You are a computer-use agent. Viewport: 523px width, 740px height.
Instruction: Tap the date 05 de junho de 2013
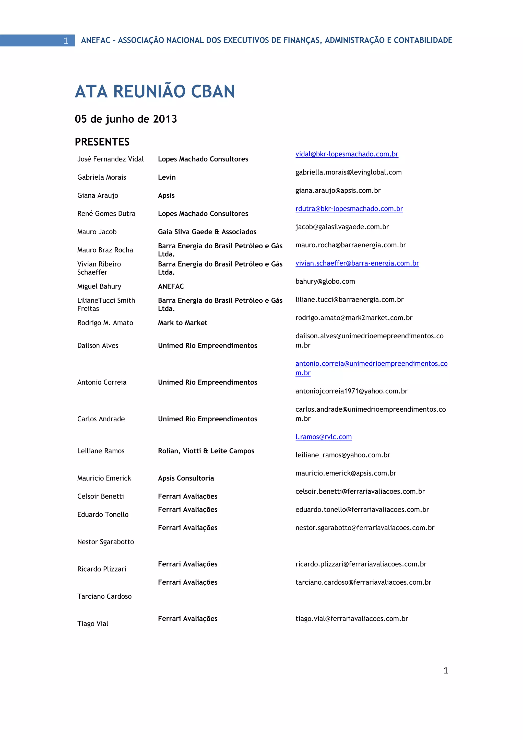click(126, 119)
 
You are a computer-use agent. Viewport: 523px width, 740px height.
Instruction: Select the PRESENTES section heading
click(102, 142)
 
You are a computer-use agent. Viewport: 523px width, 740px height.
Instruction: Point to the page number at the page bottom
click(446, 670)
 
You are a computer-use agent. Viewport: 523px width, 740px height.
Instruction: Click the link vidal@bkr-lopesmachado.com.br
click(347, 154)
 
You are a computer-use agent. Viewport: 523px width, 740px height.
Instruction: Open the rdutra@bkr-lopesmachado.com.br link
click(349, 209)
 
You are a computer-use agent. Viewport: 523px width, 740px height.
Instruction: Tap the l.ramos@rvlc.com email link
click(323, 437)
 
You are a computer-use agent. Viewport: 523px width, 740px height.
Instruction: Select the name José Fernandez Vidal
click(111, 159)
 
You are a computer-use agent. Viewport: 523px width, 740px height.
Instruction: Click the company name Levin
click(167, 177)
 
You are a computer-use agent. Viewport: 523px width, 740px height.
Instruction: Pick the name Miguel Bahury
click(99, 286)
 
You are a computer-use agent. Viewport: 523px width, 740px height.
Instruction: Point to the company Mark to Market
click(183, 323)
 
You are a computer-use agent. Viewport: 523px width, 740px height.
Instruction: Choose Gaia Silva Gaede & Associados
click(207, 232)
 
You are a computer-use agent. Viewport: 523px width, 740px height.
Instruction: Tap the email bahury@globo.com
click(325, 281)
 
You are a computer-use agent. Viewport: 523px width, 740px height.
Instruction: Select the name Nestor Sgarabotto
click(106, 542)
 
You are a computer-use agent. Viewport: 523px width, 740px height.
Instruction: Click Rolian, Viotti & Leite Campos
click(206, 451)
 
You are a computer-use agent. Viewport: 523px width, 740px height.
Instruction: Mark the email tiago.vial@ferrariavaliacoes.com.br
click(352, 618)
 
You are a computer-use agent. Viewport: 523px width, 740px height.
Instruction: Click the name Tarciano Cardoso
click(104, 596)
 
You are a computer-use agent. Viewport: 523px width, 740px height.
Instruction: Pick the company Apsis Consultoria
click(186, 478)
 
